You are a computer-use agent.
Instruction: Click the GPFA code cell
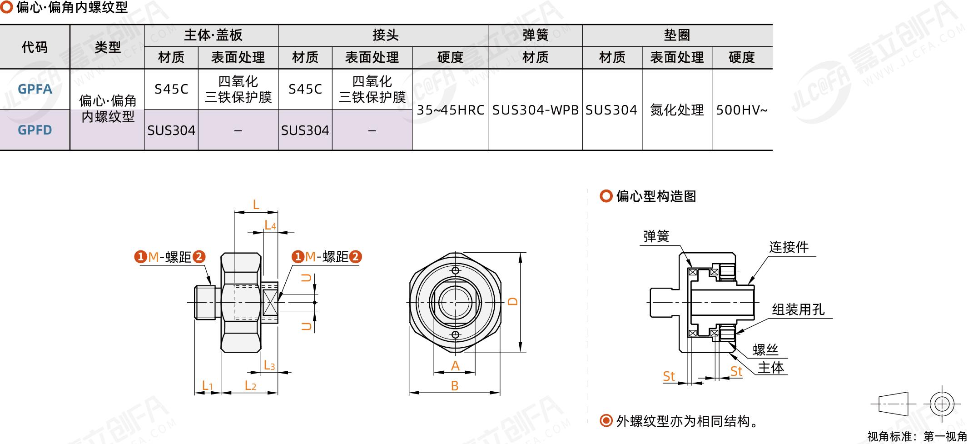pyautogui.click(x=35, y=89)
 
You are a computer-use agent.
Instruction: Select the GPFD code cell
pyautogui.click(x=35, y=130)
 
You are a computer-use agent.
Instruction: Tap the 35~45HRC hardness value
pyautogui.click(x=450, y=110)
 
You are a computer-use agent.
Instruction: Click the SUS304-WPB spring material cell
pyautogui.click(x=535, y=110)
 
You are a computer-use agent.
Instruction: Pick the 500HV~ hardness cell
pyautogui.click(x=741, y=110)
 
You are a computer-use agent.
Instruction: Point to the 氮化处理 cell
pyautogui.click(x=677, y=110)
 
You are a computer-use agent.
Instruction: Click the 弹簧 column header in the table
pyautogui.click(x=535, y=35)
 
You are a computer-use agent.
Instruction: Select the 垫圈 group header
pyautogui.click(x=677, y=35)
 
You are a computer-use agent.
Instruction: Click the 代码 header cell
pyautogui.click(x=35, y=47)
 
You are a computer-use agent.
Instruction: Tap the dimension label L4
pyautogui.click(x=270, y=225)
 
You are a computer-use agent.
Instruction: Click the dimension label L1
pyautogui.click(x=207, y=386)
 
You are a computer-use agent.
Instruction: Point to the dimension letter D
pyautogui.click(x=513, y=301)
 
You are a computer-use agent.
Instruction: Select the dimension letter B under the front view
pyautogui.click(x=455, y=386)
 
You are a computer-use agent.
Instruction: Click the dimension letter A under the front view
pyautogui.click(x=455, y=366)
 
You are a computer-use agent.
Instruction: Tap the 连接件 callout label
pyautogui.click(x=789, y=247)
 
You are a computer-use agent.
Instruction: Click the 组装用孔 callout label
pyautogui.click(x=798, y=309)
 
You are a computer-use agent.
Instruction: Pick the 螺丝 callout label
pyautogui.click(x=765, y=349)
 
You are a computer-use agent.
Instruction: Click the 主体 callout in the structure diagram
pyautogui.click(x=771, y=367)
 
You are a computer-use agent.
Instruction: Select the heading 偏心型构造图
pyautogui.click(x=655, y=196)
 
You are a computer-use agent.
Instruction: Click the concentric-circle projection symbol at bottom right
pyautogui.click(x=942, y=404)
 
